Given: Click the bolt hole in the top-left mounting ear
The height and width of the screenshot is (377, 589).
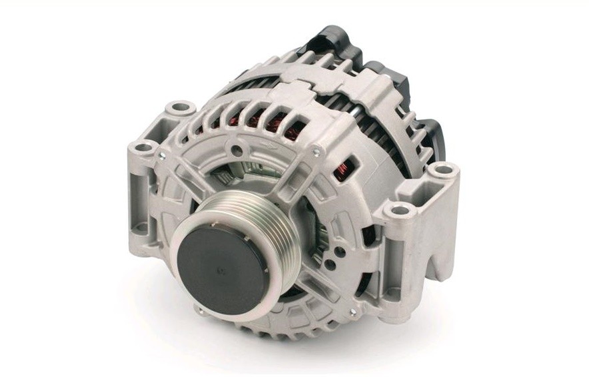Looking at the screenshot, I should [179, 107].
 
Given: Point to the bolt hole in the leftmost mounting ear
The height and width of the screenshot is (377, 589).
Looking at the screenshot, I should [143, 147].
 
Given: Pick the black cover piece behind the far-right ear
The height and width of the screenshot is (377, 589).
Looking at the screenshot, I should [430, 137].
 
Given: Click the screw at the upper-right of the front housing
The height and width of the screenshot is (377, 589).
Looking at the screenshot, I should [315, 153].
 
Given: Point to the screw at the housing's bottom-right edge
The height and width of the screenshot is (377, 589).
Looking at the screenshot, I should [352, 311].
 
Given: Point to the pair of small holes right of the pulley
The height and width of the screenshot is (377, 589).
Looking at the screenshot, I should [336, 250].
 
